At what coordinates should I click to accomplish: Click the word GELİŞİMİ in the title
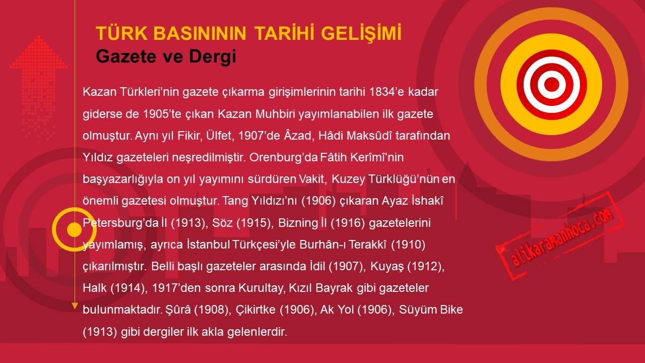tap(361, 33)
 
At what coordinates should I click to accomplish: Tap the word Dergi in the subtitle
tap(213, 56)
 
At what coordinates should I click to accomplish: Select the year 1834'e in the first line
tap(386, 92)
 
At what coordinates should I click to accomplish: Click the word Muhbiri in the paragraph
tap(275, 114)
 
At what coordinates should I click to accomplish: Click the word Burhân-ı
tap(322, 245)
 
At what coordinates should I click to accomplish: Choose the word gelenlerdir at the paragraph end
tap(257, 332)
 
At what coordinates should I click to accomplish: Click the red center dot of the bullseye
tap(551, 84)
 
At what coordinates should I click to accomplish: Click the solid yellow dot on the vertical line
tap(75, 229)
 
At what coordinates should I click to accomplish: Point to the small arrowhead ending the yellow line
tap(75, 306)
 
